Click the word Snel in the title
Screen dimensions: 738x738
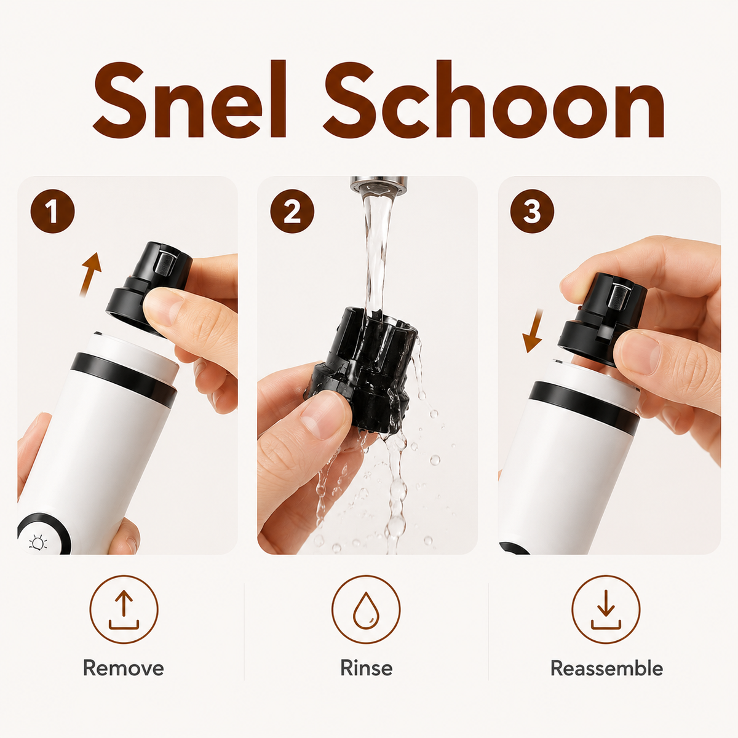(x=190, y=99)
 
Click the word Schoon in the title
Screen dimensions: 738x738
(x=494, y=99)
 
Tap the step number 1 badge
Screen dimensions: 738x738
(x=52, y=211)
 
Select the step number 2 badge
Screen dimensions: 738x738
(x=292, y=211)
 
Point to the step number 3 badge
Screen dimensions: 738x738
(x=532, y=211)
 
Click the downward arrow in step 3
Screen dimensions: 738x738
(x=535, y=330)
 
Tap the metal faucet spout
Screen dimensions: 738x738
(x=379, y=184)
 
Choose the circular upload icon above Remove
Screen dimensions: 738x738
(x=124, y=609)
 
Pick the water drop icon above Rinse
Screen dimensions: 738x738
(x=366, y=609)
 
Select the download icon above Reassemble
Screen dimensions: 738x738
(x=606, y=609)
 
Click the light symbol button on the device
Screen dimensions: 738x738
(x=38, y=543)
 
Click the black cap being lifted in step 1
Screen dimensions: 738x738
(x=149, y=288)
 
